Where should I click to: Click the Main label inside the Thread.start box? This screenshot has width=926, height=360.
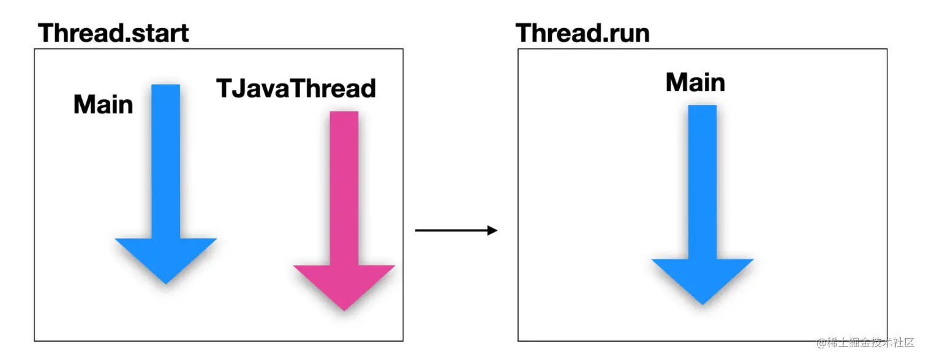tap(103, 104)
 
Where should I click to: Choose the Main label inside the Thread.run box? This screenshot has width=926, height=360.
tap(695, 82)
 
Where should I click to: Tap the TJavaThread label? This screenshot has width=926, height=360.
tap(296, 88)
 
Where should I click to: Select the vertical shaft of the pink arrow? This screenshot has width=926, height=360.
tap(344, 188)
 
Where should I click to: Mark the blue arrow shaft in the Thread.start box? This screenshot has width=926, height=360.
tap(166, 161)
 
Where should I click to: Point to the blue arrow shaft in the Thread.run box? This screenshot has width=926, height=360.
tap(702, 182)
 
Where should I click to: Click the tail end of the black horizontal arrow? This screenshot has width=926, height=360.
tap(415, 230)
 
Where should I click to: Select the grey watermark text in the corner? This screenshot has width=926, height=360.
tap(865, 343)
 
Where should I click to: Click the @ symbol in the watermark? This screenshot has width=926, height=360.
tap(821, 343)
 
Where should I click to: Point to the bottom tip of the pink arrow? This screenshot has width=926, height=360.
tap(344, 310)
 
